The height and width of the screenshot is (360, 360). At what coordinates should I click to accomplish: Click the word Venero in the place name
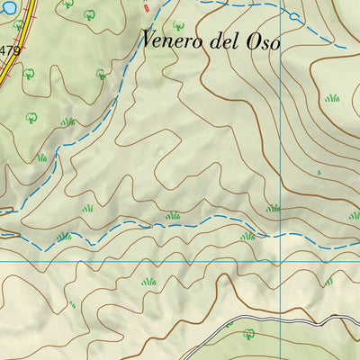click(171, 40)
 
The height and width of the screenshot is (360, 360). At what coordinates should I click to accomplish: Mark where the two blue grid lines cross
click(282, 262)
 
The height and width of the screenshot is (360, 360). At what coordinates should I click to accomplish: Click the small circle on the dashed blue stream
click(294, 16)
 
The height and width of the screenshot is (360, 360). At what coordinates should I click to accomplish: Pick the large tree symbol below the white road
click(249, 334)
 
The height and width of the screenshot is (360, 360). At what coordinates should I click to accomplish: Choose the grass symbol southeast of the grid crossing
click(328, 281)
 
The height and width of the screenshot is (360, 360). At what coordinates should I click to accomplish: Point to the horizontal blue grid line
click(135, 262)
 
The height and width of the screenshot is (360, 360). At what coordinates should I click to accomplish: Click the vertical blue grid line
click(282, 135)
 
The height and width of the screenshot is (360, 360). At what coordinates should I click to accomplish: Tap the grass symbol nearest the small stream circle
click(332, 97)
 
